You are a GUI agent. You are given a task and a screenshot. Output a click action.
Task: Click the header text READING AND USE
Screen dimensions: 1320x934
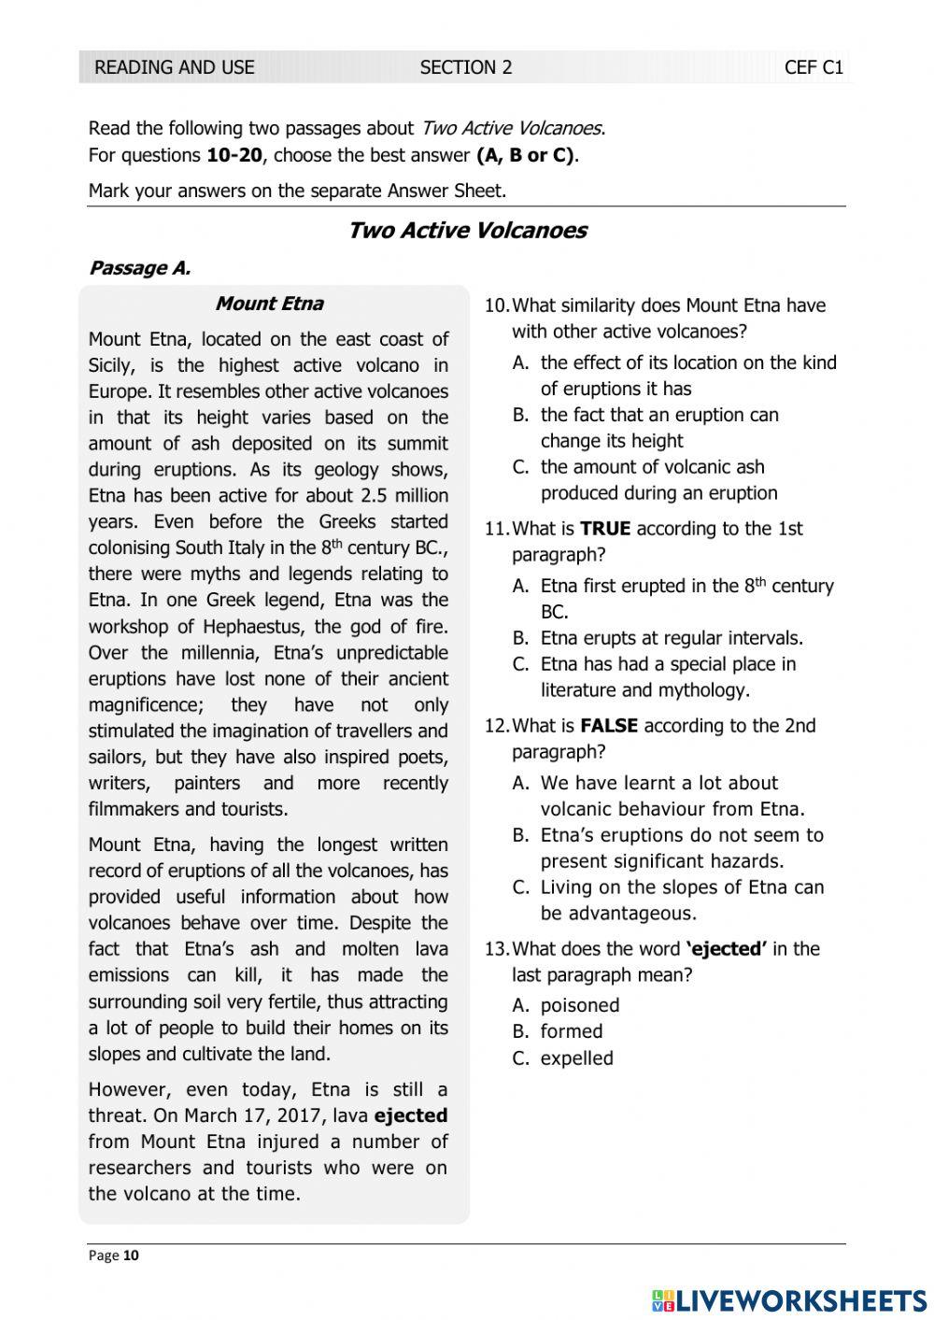(x=174, y=67)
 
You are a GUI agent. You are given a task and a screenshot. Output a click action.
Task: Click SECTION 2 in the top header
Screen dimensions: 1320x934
(x=465, y=67)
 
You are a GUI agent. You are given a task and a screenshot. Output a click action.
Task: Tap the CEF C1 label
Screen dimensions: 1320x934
(x=814, y=67)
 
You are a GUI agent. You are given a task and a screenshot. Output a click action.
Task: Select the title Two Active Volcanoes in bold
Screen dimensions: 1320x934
(x=466, y=231)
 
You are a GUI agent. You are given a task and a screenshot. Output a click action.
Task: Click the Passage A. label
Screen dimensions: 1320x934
(x=139, y=268)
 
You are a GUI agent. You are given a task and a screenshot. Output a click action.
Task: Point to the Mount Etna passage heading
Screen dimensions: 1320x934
(x=269, y=304)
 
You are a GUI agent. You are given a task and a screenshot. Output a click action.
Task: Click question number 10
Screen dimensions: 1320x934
(x=496, y=305)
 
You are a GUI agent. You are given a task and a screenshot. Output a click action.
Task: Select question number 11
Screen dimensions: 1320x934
(x=496, y=529)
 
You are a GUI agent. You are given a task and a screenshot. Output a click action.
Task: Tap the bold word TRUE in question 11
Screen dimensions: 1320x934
(x=604, y=529)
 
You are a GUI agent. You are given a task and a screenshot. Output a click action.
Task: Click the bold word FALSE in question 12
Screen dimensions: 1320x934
(x=608, y=726)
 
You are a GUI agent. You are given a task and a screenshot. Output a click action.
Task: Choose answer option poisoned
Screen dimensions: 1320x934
(x=579, y=1006)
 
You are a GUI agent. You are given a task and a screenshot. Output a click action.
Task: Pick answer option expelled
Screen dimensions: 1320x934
(x=576, y=1058)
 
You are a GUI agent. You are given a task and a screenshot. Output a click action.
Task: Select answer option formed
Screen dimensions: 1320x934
(x=571, y=1032)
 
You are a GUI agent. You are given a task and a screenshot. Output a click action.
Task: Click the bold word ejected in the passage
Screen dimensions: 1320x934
(x=410, y=1115)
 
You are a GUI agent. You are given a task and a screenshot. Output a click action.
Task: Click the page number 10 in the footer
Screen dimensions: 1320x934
(x=131, y=1256)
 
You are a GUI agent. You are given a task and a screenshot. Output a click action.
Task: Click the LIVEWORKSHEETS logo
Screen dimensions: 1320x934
(x=789, y=1299)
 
